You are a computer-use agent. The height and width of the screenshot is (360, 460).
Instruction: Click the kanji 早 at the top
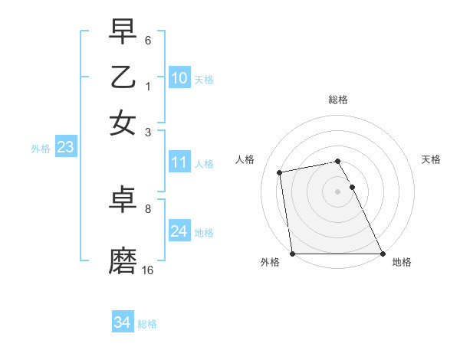pos(123,31)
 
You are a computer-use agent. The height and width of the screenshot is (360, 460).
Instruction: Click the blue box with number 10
pos(179,78)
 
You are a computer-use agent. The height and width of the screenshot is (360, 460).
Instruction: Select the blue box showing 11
pos(179,162)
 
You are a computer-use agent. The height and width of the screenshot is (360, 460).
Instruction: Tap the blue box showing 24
pos(179,231)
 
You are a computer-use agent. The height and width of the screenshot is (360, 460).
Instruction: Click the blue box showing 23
pos(65,148)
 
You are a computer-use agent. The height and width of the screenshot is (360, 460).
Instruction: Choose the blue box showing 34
pos(122,322)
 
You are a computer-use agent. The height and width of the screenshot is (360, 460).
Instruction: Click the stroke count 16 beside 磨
pos(148,270)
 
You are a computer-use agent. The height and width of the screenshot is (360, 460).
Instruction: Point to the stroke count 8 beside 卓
pos(148,208)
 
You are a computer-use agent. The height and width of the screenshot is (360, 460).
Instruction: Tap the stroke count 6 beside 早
pos(148,40)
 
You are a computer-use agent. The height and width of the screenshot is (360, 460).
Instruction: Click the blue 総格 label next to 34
pos(147,324)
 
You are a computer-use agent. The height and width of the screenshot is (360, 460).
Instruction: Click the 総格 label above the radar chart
pos(338,100)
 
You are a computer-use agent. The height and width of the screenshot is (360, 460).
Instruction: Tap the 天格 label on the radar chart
pos(431,159)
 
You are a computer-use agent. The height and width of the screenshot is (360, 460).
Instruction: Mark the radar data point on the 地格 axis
pos(383,254)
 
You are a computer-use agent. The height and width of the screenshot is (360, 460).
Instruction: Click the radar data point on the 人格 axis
pos(281,172)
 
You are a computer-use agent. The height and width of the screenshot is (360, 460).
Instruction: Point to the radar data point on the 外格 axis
pos(293,254)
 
